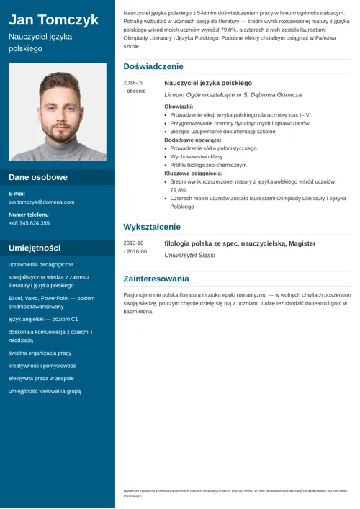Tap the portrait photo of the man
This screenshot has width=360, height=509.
click(58, 112)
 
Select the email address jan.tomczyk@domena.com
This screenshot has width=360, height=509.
click(41, 202)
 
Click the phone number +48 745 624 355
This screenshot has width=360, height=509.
click(30, 223)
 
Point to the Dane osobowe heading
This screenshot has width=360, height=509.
click(38, 177)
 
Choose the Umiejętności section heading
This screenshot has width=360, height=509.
click(35, 248)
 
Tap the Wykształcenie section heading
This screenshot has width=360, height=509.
click(152, 227)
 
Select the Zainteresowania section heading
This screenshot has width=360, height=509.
click(156, 279)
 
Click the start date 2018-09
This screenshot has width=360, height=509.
click(133, 83)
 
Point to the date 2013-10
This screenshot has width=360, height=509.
click(133, 243)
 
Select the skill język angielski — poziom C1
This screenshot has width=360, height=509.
click(43, 318)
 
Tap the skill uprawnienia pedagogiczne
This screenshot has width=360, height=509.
click(41, 265)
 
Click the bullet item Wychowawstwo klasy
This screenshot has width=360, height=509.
click(197, 156)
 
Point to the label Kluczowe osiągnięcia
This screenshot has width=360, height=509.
click(193, 174)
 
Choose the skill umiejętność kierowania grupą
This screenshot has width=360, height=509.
click(45, 391)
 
